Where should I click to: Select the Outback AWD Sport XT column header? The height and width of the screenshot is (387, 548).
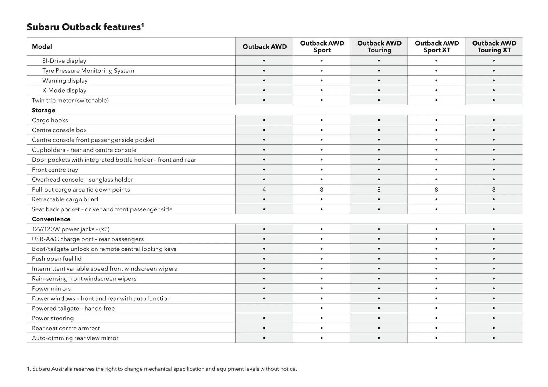436,46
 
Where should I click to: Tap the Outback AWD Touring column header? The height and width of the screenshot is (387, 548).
379,46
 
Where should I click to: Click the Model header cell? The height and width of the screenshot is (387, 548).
42,46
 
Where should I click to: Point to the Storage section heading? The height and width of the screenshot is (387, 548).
43,110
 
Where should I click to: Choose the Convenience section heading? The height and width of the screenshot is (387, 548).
51,219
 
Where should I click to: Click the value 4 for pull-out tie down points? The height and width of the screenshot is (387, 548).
264,190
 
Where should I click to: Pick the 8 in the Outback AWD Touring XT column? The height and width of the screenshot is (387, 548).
493,190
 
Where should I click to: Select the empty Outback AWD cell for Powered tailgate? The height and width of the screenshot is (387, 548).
264,308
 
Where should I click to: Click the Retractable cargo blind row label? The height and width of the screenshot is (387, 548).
65,199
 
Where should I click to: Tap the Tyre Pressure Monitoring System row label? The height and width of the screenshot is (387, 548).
88,71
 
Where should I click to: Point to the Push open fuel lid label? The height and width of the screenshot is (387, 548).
57,259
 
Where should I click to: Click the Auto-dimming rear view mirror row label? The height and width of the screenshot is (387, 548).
75,338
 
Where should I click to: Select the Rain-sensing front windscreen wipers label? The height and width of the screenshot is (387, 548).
84,279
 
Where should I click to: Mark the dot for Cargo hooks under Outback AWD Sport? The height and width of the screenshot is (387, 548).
321,120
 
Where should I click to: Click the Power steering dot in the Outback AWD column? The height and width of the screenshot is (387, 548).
264,318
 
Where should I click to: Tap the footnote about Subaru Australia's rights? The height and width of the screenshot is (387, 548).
162,369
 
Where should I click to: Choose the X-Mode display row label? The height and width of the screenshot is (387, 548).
64,91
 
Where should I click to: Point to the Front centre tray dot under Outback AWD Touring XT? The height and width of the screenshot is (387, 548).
493,170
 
